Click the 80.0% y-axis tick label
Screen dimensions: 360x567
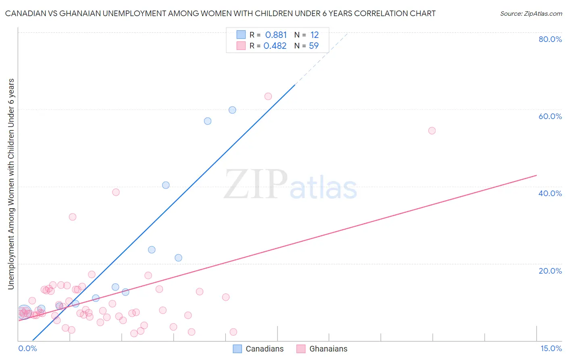(x=550, y=39)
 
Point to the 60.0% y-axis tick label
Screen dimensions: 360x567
(x=550, y=116)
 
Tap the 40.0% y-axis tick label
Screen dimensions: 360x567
(x=550, y=193)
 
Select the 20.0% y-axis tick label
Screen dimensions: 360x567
(x=550, y=271)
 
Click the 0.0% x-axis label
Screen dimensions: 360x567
(x=27, y=348)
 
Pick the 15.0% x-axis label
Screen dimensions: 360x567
(x=551, y=348)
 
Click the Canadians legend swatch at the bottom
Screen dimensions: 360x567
(x=238, y=349)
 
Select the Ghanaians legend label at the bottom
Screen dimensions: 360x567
(x=328, y=349)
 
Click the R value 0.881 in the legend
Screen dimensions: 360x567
(x=276, y=35)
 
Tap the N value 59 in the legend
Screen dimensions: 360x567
(x=314, y=46)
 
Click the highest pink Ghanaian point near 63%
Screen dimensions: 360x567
(x=268, y=96)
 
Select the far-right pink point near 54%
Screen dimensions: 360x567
(x=432, y=131)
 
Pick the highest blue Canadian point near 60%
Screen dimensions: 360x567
(x=232, y=110)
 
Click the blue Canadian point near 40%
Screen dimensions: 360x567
(x=166, y=185)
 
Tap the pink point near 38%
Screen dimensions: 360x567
(x=116, y=192)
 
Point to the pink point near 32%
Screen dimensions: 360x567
(x=73, y=217)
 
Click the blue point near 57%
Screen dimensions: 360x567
(x=208, y=121)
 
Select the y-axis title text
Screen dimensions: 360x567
(x=11, y=184)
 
